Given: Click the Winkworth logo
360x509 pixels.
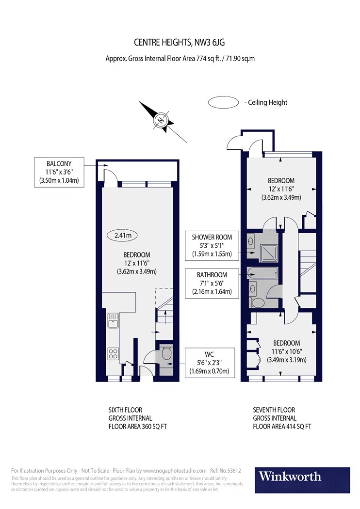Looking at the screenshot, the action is point(302,480).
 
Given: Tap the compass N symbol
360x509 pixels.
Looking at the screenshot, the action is point(161,120).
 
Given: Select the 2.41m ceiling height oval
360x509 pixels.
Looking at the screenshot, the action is point(122,235).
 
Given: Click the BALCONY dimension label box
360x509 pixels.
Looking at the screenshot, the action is point(59,172).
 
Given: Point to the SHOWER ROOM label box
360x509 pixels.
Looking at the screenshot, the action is point(212,245).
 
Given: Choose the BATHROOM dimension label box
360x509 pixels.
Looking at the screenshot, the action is point(212,283).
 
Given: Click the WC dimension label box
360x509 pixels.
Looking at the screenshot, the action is point(210,363).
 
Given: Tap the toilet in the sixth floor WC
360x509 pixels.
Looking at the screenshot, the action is point(166,353).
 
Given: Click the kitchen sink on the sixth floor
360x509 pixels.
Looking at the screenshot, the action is point(113,321).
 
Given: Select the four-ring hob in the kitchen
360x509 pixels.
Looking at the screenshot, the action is point(113,354).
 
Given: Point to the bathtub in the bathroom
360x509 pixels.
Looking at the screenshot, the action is point(262,273).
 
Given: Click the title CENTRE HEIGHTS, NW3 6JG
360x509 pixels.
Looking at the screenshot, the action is point(180,42).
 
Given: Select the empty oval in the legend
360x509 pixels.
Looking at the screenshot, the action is point(223,102).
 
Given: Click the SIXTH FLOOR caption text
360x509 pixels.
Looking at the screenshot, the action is point(125,410).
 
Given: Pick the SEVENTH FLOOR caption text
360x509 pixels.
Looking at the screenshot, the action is point(274,410).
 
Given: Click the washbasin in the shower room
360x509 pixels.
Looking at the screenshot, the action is point(250,241).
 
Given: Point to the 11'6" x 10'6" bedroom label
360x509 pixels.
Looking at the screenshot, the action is point(287,351).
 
